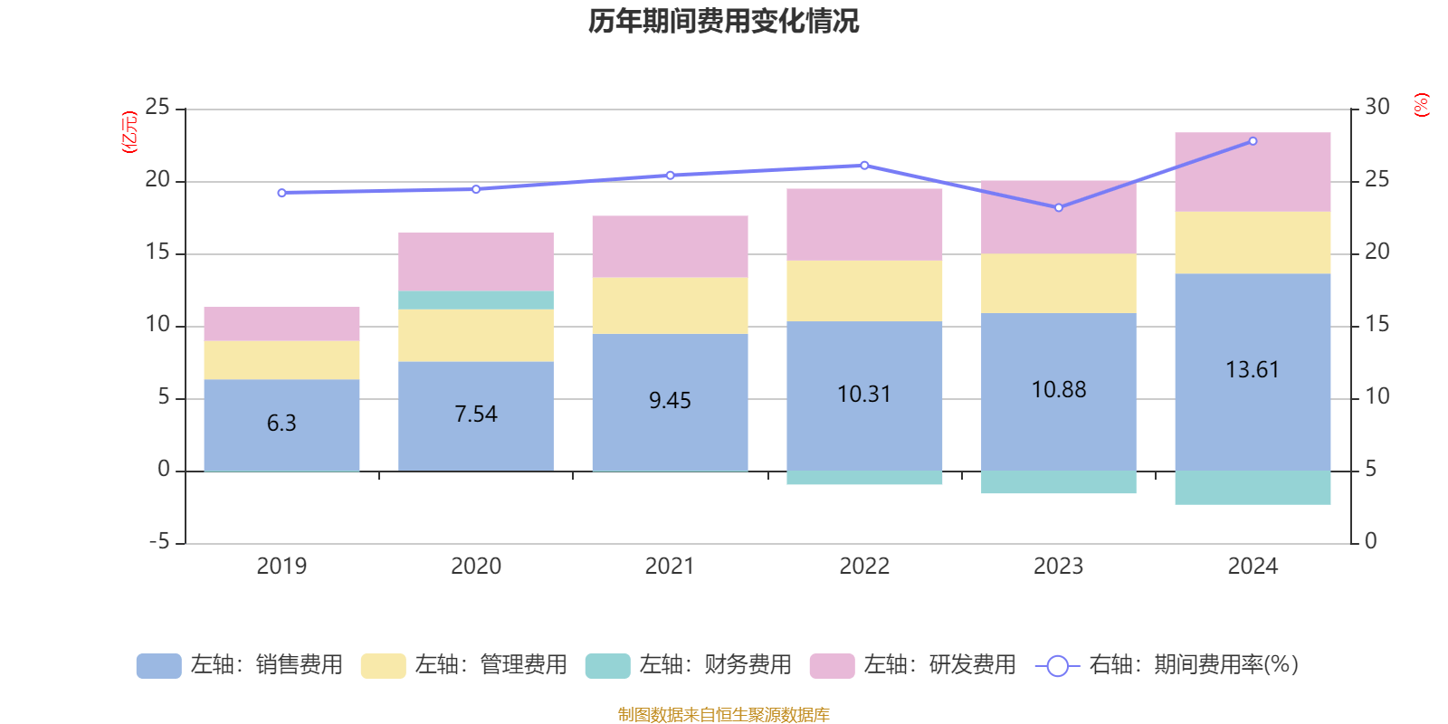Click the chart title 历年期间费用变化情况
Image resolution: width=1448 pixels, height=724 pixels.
pos(723,21)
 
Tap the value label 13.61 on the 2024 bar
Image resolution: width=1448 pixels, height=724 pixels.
pos(1253,369)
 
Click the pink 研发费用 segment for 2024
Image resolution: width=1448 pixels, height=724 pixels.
pos(1253,172)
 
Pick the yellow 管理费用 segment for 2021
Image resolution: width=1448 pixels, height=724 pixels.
pos(670,306)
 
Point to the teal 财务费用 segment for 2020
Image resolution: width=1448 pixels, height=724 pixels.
pos(476,300)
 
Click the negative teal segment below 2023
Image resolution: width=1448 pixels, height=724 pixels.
pos(1059,482)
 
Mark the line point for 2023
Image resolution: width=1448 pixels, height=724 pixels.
pos(1059,208)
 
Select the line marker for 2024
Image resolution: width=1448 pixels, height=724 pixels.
pos(1253,141)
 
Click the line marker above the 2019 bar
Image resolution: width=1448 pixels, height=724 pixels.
pos(281,193)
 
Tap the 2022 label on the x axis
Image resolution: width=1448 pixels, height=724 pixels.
pos(864,567)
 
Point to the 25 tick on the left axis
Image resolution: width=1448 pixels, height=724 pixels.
pos(157,108)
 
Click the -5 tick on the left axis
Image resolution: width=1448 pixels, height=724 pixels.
pos(157,542)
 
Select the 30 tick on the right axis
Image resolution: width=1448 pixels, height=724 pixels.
pos(1377,107)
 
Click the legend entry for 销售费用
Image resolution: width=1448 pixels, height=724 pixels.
pos(241,665)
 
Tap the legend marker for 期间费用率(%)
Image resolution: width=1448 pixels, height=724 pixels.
pos(1057,666)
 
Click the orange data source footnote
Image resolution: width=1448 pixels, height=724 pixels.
pos(723,715)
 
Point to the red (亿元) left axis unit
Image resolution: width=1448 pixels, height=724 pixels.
pos(129,132)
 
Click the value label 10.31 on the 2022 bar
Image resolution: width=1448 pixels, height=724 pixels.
pos(864,395)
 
